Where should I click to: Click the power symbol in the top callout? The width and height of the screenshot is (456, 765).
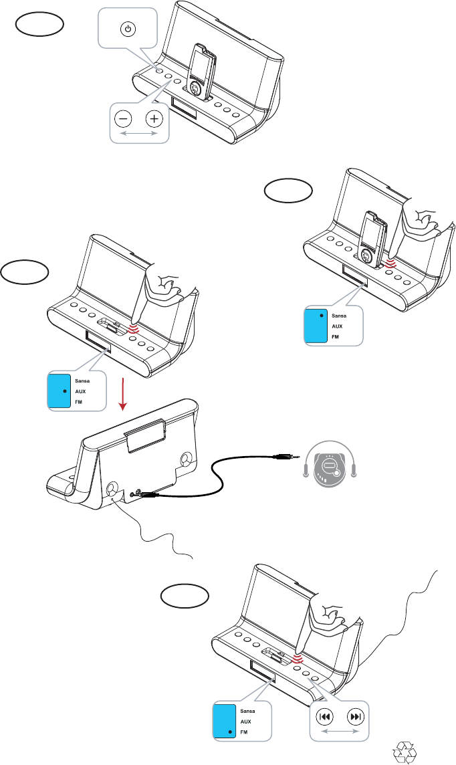(128, 29)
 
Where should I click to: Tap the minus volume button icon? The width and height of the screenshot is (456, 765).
(123, 119)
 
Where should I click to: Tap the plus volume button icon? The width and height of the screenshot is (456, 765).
(154, 119)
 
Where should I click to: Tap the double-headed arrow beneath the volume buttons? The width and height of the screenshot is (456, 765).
(138, 134)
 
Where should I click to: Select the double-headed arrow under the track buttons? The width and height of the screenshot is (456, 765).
(340, 732)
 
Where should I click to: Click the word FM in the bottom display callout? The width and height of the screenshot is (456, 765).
(243, 732)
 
